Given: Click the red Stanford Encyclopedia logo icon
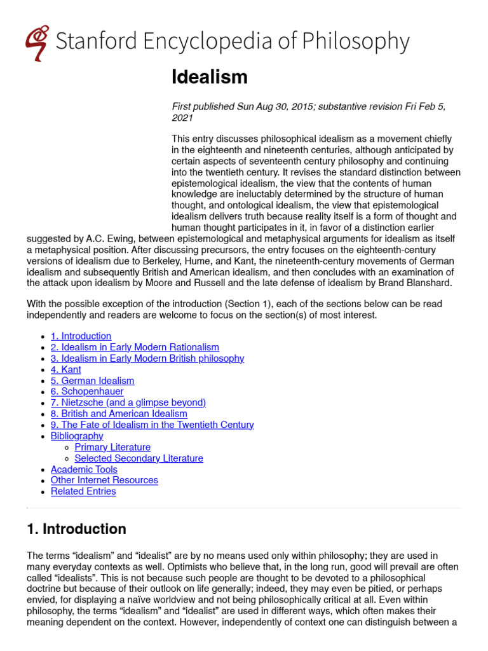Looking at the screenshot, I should tap(37, 42).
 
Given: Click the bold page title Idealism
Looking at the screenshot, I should tap(209, 78).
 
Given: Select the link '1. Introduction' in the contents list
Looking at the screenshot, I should tap(81, 336).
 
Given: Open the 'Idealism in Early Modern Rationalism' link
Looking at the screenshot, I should tap(135, 347).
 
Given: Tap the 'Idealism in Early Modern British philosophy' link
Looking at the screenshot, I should tap(147, 358).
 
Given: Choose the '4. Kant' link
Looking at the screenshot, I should tap(66, 369).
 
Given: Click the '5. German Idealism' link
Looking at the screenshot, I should tap(92, 380).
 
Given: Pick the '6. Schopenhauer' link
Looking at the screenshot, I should tap(87, 392).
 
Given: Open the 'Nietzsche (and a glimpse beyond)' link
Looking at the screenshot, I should tap(128, 402).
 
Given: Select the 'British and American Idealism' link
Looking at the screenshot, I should tap(119, 414).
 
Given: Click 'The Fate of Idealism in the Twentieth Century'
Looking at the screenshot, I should tap(152, 425).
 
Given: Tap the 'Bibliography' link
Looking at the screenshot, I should tap(77, 436).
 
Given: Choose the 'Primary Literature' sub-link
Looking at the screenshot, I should tap(112, 447).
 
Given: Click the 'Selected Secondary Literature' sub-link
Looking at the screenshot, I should tap(139, 458).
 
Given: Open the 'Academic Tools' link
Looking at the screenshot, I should tap(84, 469).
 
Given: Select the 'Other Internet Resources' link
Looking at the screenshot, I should tap(104, 480).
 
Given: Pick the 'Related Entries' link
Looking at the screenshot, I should tap(83, 491).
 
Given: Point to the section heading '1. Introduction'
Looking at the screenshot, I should tap(76, 529).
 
